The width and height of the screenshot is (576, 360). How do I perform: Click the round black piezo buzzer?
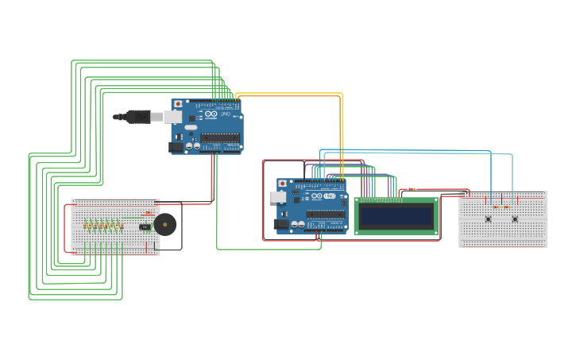tap(166, 224)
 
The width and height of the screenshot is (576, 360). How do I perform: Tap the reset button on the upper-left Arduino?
tap(176, 103)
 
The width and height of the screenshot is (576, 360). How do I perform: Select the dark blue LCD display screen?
tap(396, 215)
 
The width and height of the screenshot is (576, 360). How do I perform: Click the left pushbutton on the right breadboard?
tap(488, 219)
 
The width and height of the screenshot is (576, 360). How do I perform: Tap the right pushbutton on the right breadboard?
tap(515, 219)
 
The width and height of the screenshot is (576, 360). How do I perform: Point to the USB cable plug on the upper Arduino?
tap(139, 117)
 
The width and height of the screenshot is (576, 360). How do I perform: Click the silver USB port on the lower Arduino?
tap(280, 196)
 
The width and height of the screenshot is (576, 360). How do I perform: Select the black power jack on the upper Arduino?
tap(176, 147)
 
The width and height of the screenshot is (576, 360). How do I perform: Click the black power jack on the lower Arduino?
tap(280, 225)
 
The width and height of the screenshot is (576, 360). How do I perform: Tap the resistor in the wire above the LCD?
tap(412, 190)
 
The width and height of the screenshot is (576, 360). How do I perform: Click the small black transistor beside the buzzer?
tap(145, 226)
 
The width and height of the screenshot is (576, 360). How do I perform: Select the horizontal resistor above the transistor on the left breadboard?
tap(148, 213)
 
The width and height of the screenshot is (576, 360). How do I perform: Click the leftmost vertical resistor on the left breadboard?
tap(87, 226)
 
